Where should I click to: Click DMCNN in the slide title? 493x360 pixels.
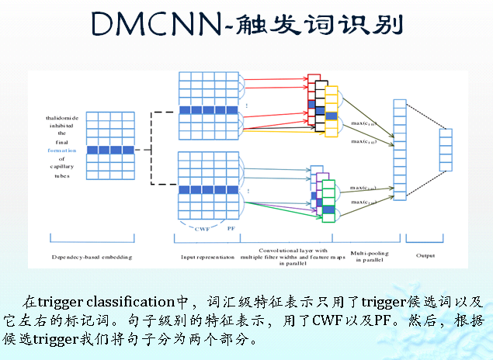pos(153,25)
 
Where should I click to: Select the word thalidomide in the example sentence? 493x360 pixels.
pos(64,118)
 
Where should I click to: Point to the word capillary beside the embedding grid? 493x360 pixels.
pos(64,167)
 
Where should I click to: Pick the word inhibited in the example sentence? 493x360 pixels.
pos(64,126)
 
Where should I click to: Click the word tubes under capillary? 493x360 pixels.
pos(64,175)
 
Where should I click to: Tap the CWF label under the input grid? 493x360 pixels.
pos(202,229)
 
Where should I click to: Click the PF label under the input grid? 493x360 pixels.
pos(231,229)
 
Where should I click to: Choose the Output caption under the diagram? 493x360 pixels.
pos(425,256)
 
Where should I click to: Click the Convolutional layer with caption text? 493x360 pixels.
pos(293,251)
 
